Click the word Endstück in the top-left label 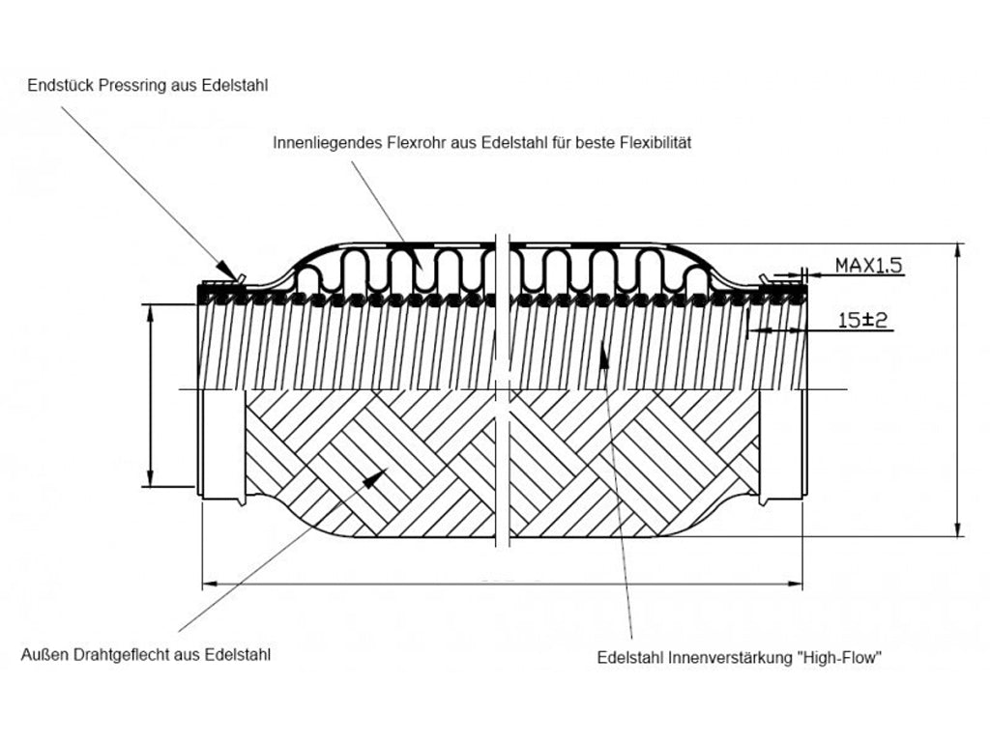[x=59, y=86]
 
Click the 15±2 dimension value [x=862, y=320]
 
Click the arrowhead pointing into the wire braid [x=378, y=474]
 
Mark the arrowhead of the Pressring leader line [x=225, y=270]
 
